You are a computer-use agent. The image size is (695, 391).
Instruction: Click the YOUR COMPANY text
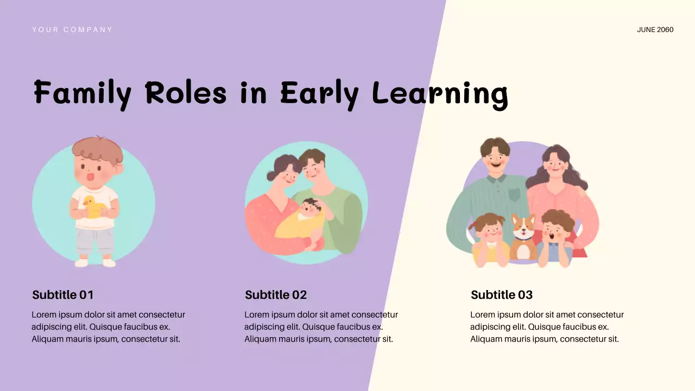coord(72,30)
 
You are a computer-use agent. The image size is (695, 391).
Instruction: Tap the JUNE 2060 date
coord(655,30)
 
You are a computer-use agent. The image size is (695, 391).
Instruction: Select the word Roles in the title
coord(186,93)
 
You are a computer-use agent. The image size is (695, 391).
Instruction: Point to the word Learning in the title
coord(440,94)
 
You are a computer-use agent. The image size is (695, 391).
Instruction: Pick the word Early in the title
coord(319,94)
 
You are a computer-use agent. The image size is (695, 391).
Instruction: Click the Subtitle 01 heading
coord(63,295)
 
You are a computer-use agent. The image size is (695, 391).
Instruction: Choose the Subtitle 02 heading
coord(276,295)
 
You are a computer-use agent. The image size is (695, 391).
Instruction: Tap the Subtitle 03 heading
coord(502,295)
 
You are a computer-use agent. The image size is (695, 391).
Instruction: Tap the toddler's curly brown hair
coord(98,150)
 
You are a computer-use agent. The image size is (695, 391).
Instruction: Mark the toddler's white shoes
coord(96,263)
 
